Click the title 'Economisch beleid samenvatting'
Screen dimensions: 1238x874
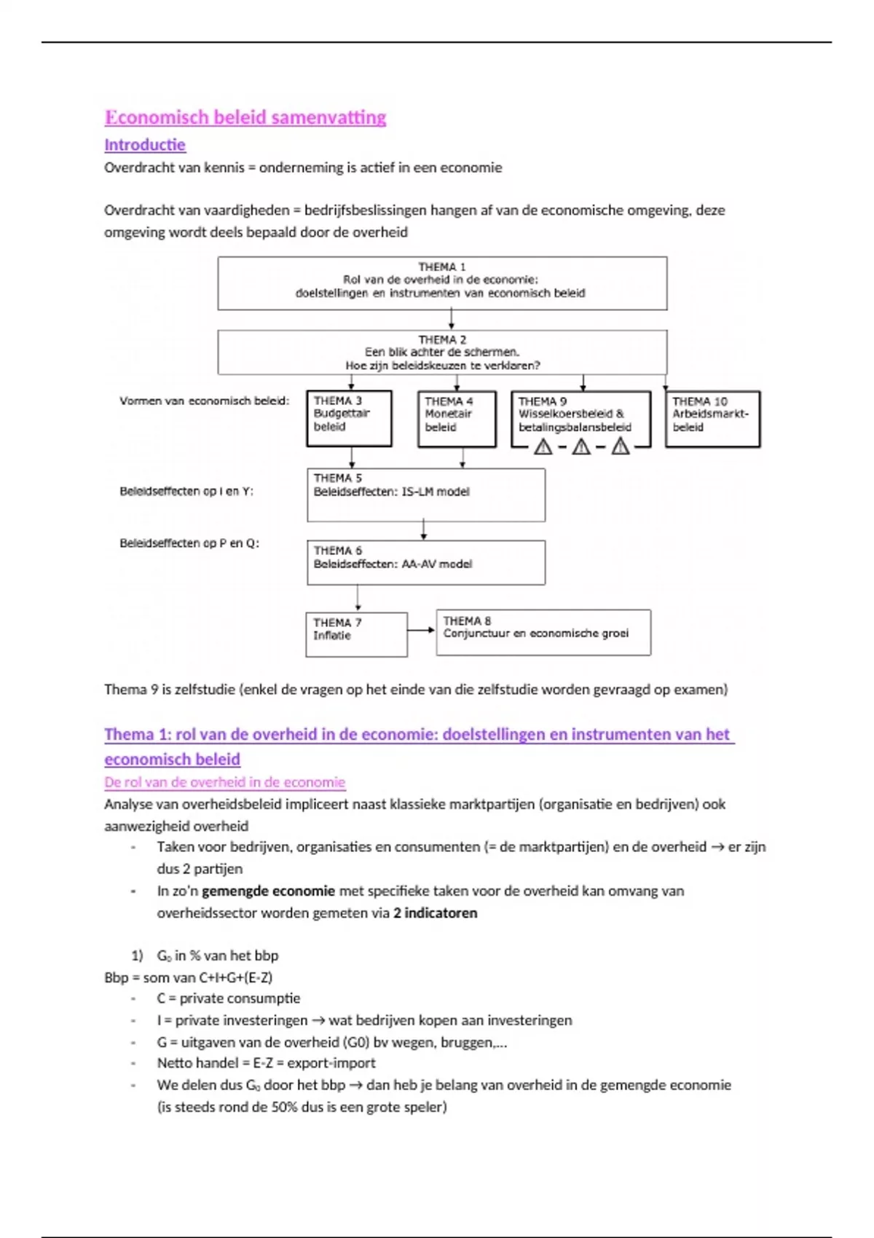[245, 117]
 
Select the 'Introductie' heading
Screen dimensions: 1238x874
[145, 145]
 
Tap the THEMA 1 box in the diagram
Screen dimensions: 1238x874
[442, 283]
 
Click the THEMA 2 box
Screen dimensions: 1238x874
[442, 352]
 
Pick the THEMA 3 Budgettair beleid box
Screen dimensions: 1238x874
[349, 418]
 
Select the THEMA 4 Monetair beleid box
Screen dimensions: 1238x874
[457, 418]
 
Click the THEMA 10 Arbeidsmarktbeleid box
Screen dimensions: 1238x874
[712, 419]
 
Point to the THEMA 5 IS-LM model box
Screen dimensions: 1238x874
[426, 494]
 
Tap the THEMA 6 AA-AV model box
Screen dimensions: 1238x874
[426, 562]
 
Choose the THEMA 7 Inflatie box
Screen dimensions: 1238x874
[356, 634]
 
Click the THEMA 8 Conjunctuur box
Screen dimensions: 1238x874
[543, 632]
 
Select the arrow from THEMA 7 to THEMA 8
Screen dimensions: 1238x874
[422, 630]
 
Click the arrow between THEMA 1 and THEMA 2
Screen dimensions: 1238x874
[452, 320]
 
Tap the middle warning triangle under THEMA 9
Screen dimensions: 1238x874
[581, 446]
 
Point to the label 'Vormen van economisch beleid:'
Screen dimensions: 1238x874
[204, 401]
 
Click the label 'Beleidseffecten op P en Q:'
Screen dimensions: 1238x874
[189, 543]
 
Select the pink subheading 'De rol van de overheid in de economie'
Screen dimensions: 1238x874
[224, 782]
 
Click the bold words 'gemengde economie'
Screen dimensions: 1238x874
[268, 891]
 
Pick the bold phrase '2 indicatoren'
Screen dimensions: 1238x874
[435, 912]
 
